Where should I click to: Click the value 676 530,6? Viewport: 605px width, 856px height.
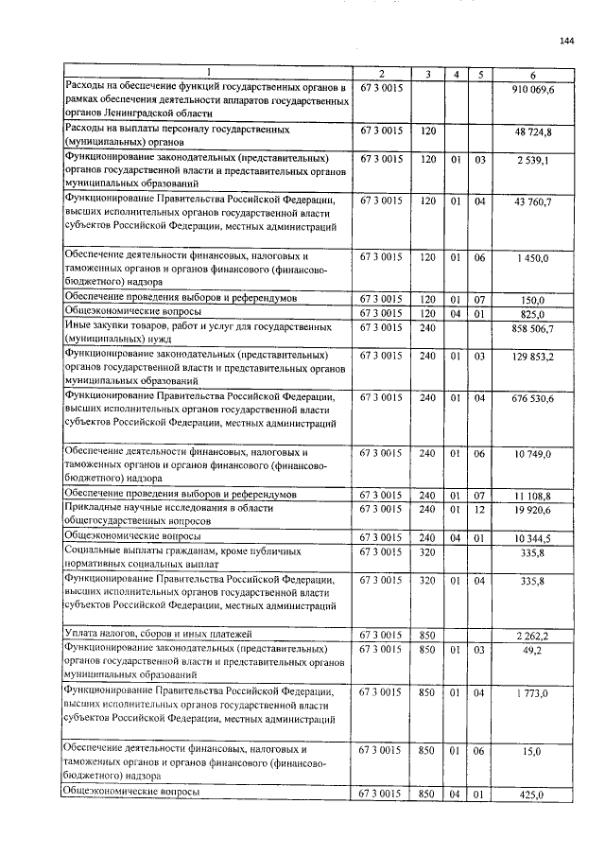[533, 399]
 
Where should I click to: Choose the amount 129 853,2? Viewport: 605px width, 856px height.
[533, 357]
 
